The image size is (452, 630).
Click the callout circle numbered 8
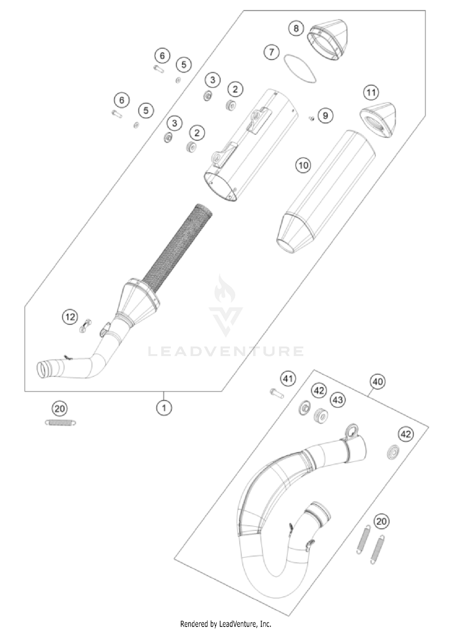point(296,28)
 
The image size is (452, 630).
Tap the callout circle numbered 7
point(272,52)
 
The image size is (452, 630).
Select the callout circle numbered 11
point(371,92)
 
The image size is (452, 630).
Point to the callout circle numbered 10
point(303,165)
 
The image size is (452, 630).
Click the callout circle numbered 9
point(325,115)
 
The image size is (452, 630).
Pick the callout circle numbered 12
point(70,317)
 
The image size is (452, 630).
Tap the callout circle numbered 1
point(164,408)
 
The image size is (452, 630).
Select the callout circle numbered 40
point(378,382)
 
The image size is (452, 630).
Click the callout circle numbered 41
point(288,378)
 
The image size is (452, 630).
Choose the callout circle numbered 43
point(338,400)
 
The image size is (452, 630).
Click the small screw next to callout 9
point(312,118)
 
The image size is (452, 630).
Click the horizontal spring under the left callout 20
point(60,423)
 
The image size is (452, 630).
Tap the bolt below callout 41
point(276,393)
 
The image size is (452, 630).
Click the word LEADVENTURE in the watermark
point(226,351)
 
